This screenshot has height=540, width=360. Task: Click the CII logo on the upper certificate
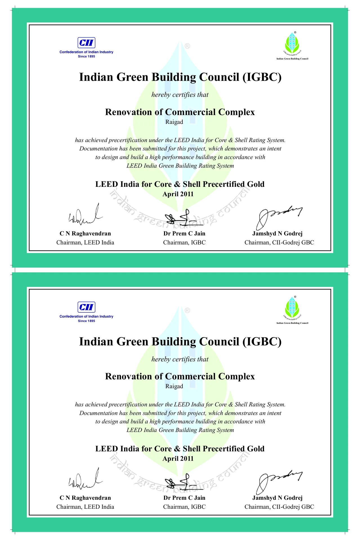(x=86, y=43)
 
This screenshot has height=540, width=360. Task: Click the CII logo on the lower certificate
(x=86, y=307)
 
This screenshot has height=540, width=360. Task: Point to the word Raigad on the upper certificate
(x=174, y=122)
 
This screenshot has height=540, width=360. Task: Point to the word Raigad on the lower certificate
(x=174, y=386)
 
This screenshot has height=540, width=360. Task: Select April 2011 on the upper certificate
(x=178, y=194)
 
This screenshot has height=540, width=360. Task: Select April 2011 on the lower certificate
(x=178, y=458)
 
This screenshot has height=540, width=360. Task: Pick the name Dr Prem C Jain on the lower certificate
(x=184, y=498)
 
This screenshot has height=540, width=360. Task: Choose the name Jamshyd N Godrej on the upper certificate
(x=277, y=233)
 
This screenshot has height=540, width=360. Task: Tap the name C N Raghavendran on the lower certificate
(x=85, y=498)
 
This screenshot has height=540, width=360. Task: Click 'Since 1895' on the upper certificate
(x=86, y=56)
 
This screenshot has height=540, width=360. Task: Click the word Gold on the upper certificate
(x=256, y=184)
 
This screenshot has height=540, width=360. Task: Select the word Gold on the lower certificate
(x=256, y=449)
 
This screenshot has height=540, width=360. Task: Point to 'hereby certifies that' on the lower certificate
(x=180, y=359)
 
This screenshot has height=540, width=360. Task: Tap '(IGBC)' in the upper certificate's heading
(x=262, y=77)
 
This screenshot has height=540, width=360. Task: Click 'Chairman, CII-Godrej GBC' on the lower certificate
(x=279, y=507)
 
